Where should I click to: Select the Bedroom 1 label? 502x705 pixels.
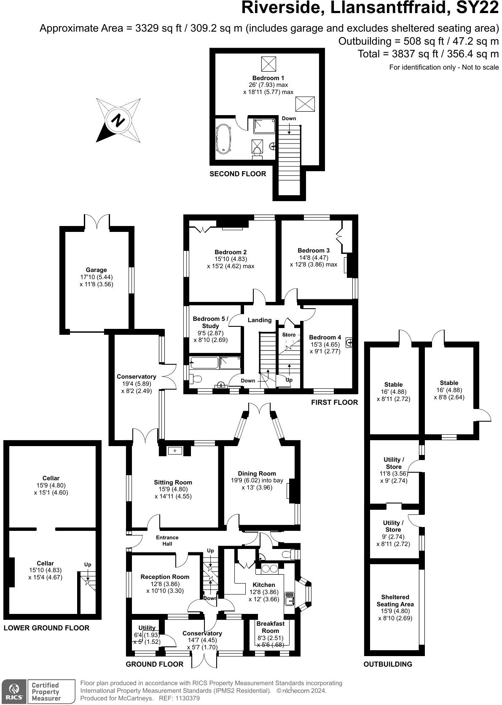click(x=268, y=78)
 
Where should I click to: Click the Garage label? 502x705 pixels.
click(x=96, y=270)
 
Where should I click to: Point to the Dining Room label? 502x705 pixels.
click(x=257, y=474)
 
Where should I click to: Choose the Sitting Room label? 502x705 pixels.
click(x=173, y=482)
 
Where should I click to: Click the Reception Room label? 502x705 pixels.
click(x=165, y=577)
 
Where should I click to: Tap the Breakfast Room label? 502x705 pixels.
click(x=270, y=627)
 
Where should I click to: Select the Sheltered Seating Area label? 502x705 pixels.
click(x=395, y=600)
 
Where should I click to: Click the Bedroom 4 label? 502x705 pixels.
click(x=325, y=337)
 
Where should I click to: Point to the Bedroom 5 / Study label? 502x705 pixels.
click(x=210, y=322)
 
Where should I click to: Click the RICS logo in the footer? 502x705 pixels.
click(x=13, y=692)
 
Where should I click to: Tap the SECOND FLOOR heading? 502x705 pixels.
click(x=238, y=174)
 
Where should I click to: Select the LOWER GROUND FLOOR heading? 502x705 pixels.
click(x=46, y=628)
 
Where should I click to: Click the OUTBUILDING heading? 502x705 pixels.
click(x=388, y=664)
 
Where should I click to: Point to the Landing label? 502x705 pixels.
click(x=259, y=320)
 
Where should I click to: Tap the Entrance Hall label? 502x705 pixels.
click(x=167, y=541)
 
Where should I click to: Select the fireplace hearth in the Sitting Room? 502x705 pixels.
click(x=175, y=451)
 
